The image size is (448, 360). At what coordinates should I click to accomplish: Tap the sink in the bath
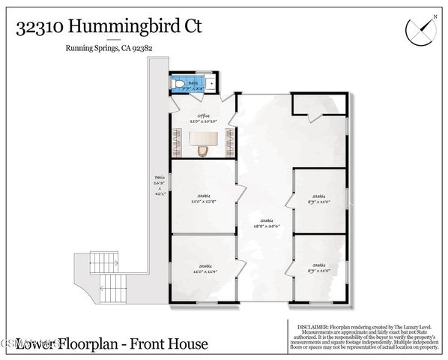[211, 83]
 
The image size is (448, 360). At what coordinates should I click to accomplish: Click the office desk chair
[202, 150]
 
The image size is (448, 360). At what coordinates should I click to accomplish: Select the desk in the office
[202, 138]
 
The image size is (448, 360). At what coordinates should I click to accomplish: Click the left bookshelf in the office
[178, 139]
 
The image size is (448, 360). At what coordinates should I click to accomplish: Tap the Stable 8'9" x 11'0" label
[319, 199]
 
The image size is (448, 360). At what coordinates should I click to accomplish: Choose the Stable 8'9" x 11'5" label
[319, 268]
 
